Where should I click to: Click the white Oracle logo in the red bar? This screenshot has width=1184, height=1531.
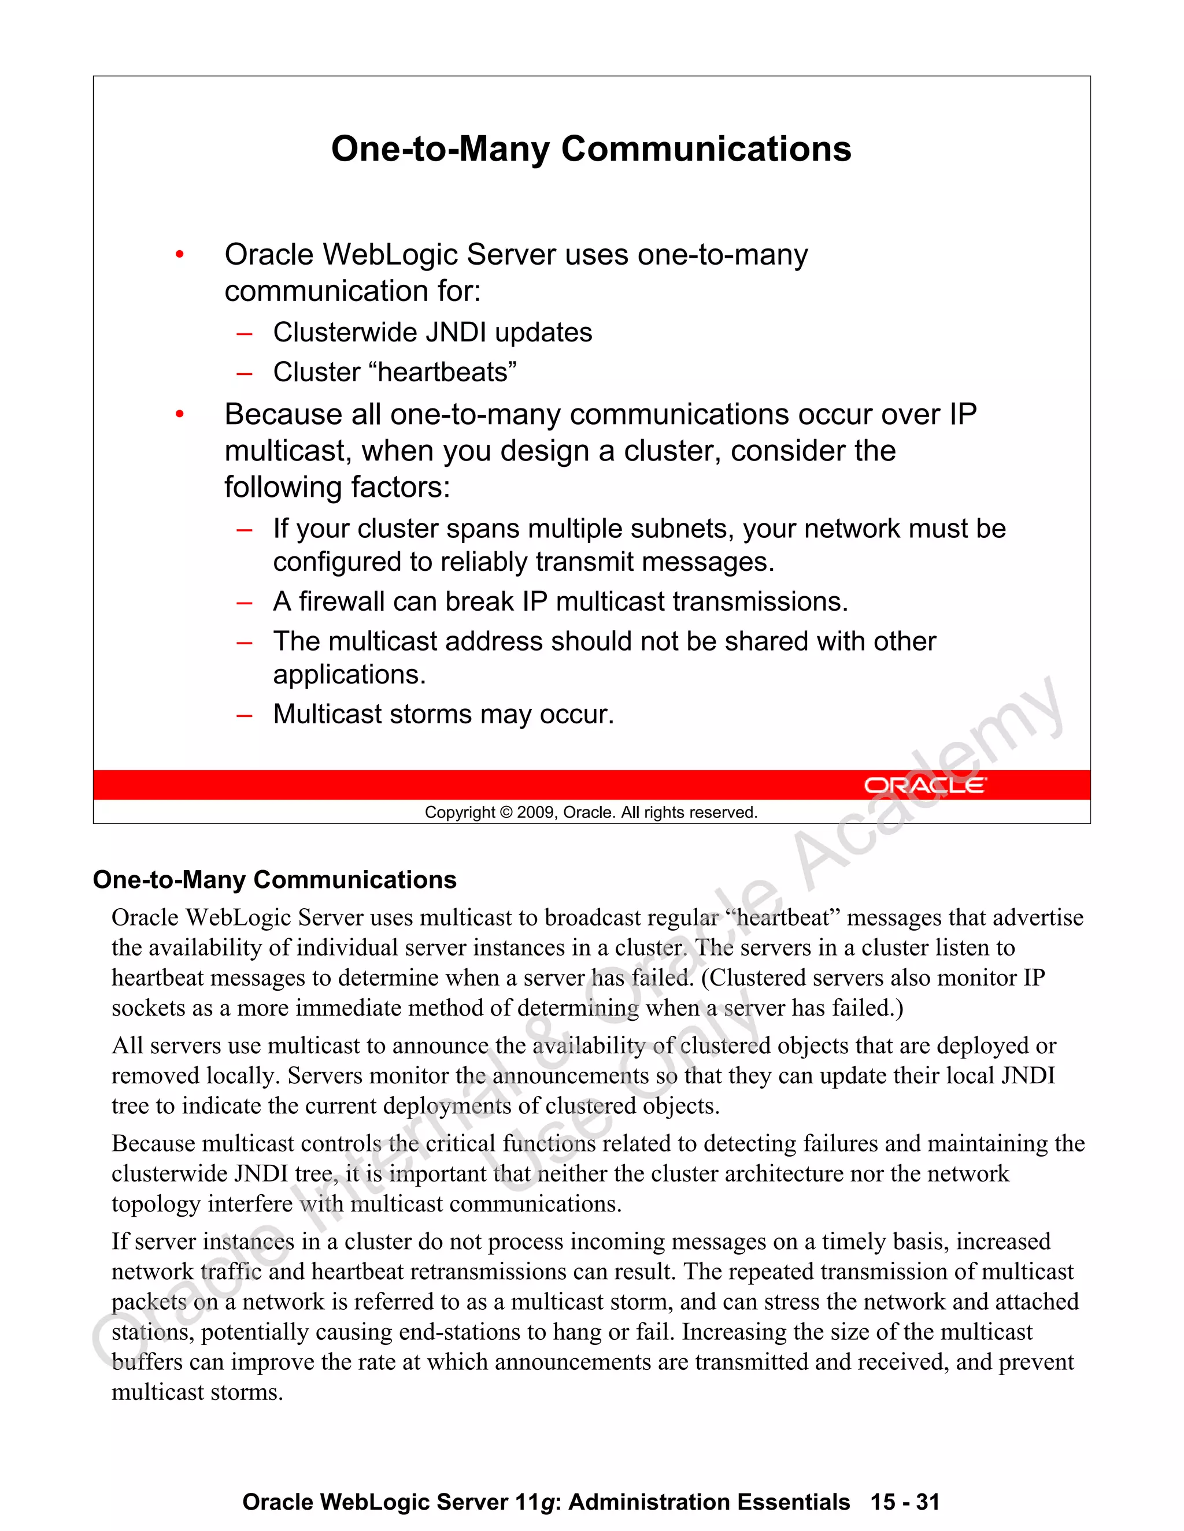click(x=924, y=785)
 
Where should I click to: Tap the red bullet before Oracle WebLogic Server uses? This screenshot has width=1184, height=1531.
click(x=180, y=254)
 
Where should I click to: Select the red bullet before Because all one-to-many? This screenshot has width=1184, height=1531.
click(x=180, y=415)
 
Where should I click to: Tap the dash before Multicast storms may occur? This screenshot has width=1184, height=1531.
click(x=244, y=715)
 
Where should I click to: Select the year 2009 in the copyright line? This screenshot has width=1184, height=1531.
click(x=536, y=812)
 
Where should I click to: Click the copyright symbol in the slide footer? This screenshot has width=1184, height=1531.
click(x=506, y=812)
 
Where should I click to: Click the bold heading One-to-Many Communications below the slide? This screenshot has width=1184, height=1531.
click(x=274, y=880)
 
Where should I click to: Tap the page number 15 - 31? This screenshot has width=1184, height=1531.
click(x=904, y=1502)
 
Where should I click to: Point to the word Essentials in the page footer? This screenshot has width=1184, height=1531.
click(x=793, y=1502)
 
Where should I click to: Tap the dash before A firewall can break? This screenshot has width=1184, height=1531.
click(x=244, y=602)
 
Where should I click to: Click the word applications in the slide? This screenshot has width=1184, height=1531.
click(x=349, y=674)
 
